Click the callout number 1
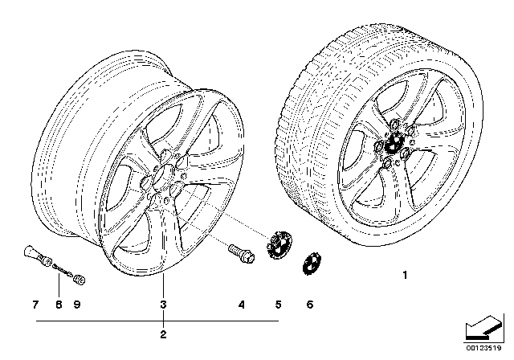(405, 275)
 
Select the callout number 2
(163, 334)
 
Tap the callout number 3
(163, 305)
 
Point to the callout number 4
(242, 305)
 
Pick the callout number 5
(279, 305)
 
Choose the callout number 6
(310, 305)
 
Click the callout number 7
(35, 305)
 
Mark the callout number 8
(59, 305)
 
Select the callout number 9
(77, 305)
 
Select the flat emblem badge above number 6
(312, 264)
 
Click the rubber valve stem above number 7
(37, 256)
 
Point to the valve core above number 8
(63, 271)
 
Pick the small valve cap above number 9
(80, 280)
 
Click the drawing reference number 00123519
(483, 348)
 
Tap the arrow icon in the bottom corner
(484, 328)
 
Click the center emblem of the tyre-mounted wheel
(394, 143)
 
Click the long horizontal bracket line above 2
(157, 321)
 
